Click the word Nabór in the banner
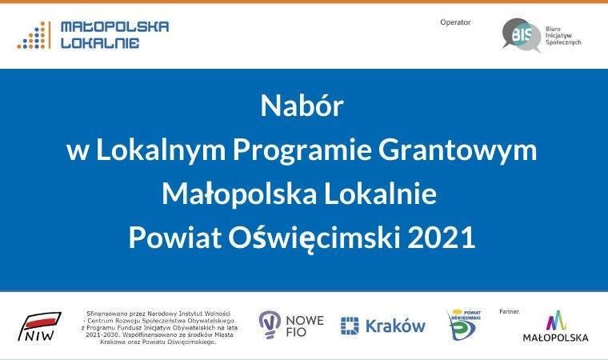(x=302, y=106)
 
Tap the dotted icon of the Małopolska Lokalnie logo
(x=33, y=35)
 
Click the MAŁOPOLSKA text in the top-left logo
(x=114, y=26)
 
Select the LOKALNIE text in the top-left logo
(x=100, y=43)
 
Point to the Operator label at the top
(x=455, y=22)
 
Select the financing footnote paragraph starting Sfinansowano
(x=156, y=326)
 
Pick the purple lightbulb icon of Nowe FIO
(x=270, y=324)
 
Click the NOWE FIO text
(x=305, y=326)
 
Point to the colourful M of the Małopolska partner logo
(x=555, y=321)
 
